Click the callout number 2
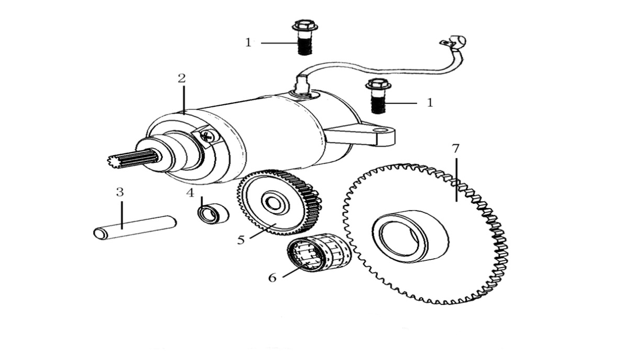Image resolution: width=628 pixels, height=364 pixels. (x=182, y=79)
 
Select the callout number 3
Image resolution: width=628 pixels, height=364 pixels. (x=120, y=192)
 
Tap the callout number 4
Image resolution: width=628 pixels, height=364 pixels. (x=190, y=193)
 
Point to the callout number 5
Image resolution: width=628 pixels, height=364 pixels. (x=241, y=240)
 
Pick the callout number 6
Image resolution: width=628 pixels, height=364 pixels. (x=272, y=277)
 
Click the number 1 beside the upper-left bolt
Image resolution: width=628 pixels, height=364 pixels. (x=248, y=42)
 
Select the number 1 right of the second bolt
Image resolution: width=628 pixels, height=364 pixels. (x=430, y=103)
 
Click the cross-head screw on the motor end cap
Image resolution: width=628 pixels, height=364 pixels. (x=206, y=136)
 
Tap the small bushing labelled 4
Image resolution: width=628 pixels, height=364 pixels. (x=213, y=214)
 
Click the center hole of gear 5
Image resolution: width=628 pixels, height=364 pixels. (x=274, y=202)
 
